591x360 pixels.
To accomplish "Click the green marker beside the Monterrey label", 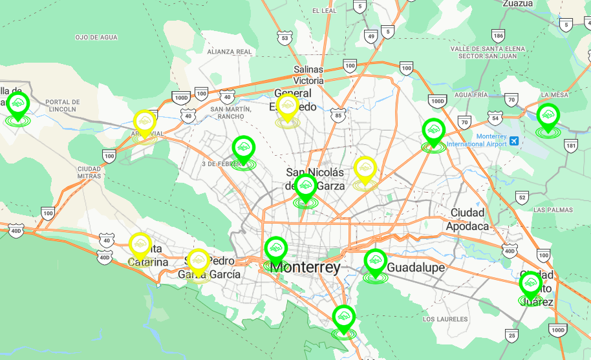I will (276, 248).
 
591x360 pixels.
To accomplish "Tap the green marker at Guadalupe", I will (375, 260).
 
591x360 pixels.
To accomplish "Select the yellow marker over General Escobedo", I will (287, 106).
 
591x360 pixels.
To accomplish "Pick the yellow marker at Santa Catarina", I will (140, 245).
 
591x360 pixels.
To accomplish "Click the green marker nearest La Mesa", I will (548, 116).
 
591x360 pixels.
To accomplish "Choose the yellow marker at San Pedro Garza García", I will (199, 260).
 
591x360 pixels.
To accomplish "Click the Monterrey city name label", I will (305, 267).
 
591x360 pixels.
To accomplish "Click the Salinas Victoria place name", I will (308, 75).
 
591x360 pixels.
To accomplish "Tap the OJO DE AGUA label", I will (96, 37).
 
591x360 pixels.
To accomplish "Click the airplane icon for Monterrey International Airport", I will (514, 140).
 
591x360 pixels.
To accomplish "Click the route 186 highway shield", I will (498, 35).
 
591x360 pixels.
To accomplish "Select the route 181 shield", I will (570, 145).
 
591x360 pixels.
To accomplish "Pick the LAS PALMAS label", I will (553, 210).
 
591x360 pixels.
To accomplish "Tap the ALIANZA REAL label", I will (230, 52).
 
